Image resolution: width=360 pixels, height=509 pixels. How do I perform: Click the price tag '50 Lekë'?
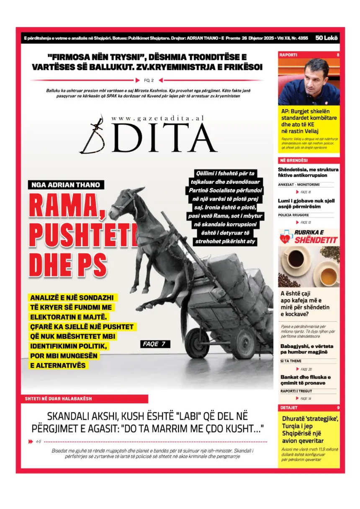327,38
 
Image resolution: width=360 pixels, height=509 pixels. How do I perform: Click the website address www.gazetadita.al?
158,119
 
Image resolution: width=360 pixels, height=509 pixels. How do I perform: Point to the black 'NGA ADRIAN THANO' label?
67,185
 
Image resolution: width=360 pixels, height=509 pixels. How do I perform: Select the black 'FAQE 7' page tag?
154,344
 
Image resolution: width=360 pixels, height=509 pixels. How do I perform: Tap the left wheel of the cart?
197,343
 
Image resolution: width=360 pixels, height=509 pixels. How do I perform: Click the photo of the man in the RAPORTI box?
309,82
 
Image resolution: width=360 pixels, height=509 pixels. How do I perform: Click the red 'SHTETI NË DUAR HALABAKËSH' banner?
84,399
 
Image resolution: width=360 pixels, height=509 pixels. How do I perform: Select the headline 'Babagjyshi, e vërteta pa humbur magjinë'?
307,349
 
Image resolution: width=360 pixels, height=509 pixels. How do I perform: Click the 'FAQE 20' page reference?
306,369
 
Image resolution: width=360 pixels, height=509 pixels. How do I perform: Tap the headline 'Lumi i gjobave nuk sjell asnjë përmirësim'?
306,204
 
